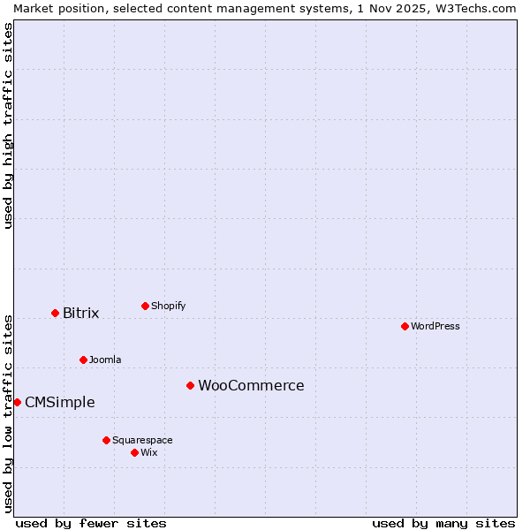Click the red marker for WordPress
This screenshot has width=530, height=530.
click(405, 326)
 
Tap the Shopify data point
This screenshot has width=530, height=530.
click(145, 306)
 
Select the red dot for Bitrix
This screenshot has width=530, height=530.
click(55, 313)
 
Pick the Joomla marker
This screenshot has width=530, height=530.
click(83, 360)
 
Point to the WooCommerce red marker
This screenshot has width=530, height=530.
click(190, 385)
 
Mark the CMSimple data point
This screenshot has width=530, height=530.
click(17, 402)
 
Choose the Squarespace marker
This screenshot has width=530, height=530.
click(106, 440)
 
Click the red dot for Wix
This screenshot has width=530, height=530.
click(134, 452)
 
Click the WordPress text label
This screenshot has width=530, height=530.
click(435, 326)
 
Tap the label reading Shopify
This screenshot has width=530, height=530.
click(168, 306)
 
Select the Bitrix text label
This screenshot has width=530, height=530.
click(80, 313)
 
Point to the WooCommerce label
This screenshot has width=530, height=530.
click(251, 385)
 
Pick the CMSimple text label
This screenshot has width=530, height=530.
click(59, 402)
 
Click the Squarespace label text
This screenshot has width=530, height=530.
click(142, 440)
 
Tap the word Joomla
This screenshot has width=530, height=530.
click(105, 360)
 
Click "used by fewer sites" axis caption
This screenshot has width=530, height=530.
click(91, 523)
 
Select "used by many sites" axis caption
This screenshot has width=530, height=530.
click(443, 523)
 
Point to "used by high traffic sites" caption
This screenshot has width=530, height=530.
click(8, 125)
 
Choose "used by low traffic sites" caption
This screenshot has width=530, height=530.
click(8, 413)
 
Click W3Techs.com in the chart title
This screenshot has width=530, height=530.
click(473, 8)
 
